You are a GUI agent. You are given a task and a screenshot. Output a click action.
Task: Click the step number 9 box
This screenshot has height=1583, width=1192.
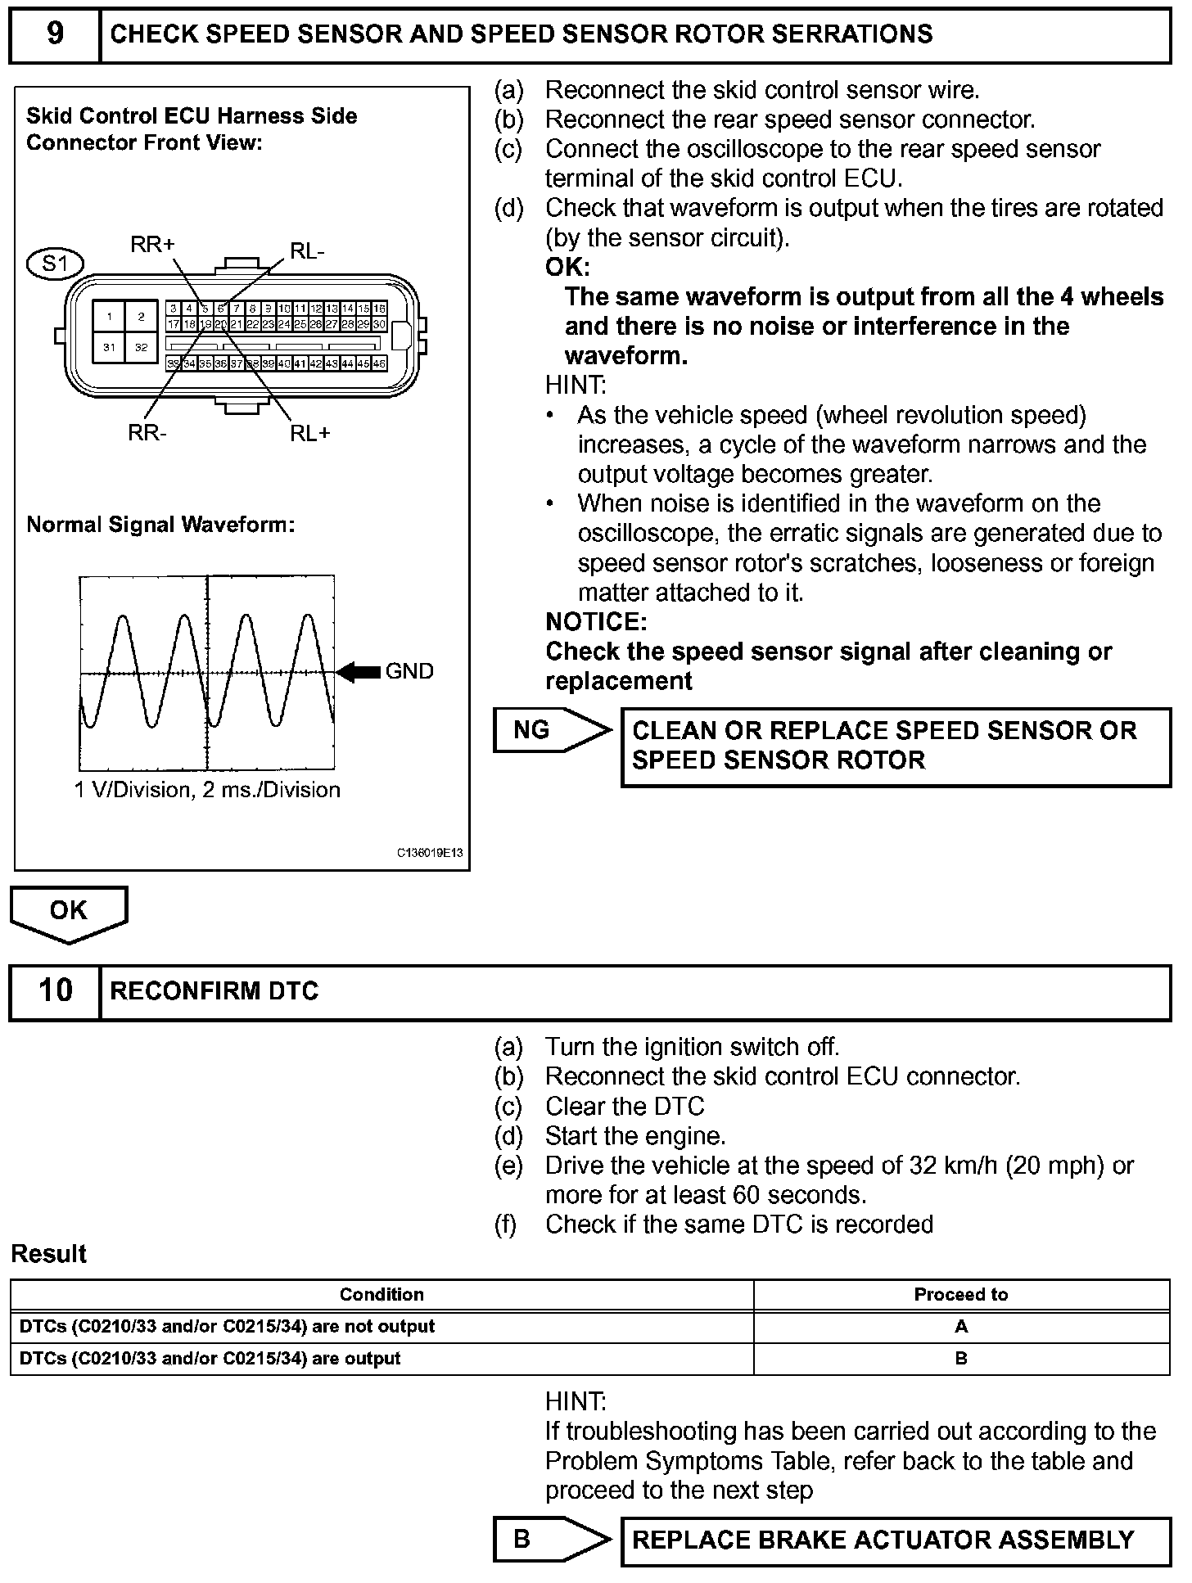[x=54, y=34]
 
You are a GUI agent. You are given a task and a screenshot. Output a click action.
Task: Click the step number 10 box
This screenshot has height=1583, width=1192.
[x=54, y=991]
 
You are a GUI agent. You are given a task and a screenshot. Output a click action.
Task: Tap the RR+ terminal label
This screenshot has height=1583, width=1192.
[x=152, y=244]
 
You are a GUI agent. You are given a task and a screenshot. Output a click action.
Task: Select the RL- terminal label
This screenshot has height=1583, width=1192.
[x=307, y=251]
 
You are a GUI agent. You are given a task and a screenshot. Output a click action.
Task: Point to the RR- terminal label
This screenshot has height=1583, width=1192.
[x=147, y=432]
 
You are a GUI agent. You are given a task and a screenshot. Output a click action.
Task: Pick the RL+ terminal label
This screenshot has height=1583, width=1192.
[x=310, y=433]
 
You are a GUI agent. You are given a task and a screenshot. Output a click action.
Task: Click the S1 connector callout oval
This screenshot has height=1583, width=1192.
[x=56, y=264]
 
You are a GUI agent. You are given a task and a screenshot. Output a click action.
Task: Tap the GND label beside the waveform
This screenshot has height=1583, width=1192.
[x=409, y=672]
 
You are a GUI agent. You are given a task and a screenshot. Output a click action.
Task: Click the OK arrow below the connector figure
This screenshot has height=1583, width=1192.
[x=69, y=912]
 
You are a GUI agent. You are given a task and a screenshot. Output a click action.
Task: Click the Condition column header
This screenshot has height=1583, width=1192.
[x=382, y=1294]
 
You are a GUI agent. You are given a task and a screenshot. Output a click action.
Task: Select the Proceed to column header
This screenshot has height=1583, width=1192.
[x=960, y=1294]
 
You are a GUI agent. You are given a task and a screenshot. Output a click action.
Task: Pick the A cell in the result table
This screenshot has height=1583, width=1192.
[x=961, y=1326]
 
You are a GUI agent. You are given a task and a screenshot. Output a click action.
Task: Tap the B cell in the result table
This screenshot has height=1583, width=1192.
[x=961, y=1358]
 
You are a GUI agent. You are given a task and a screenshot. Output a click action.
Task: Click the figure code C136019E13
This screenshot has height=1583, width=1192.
[x=430, y=853]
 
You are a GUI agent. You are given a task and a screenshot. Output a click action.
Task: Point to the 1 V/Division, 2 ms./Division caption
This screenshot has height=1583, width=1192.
[x=207, y=790]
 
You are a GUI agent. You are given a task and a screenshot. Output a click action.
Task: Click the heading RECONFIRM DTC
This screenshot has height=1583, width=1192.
[x=214, y=991]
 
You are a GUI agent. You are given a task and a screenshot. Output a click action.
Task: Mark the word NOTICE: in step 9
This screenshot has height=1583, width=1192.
[x=596, y=622]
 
